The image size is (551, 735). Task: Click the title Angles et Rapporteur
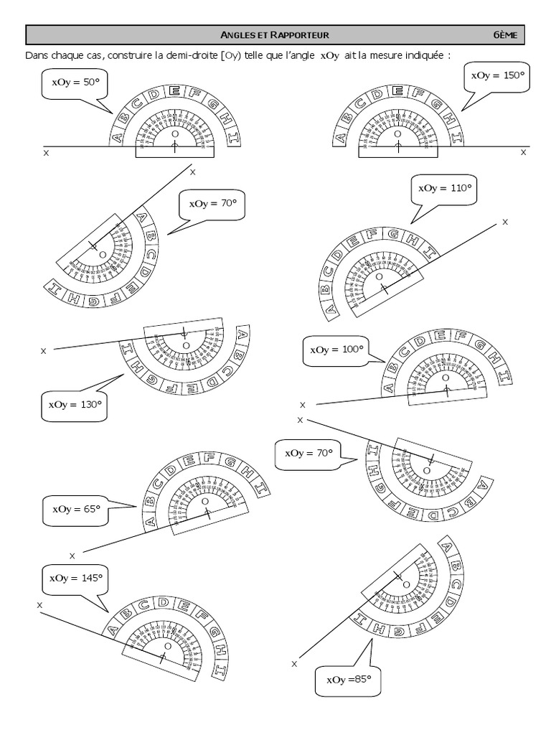[x=275, y=34]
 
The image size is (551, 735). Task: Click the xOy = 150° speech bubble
[x=496, y=75]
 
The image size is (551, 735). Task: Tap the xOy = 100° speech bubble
[x=336, y=350]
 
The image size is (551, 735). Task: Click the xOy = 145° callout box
[x=75, y=577]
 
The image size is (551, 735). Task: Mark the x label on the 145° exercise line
[x=39, y=605]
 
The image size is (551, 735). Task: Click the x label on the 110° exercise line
[x=505, y=222]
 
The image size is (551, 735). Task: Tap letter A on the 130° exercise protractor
[x=242, y=334]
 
